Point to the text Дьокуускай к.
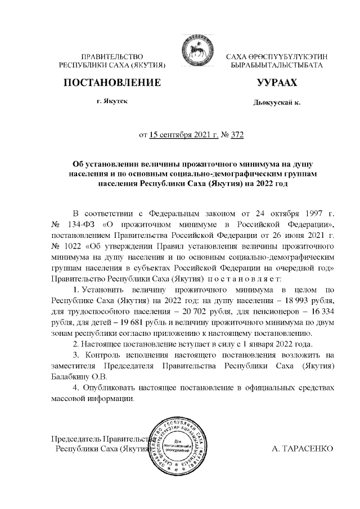(x=277, y=103)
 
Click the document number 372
(x=237, y=134)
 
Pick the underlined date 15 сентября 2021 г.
(x=182, y=134)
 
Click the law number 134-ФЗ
(x=84, y=225)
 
